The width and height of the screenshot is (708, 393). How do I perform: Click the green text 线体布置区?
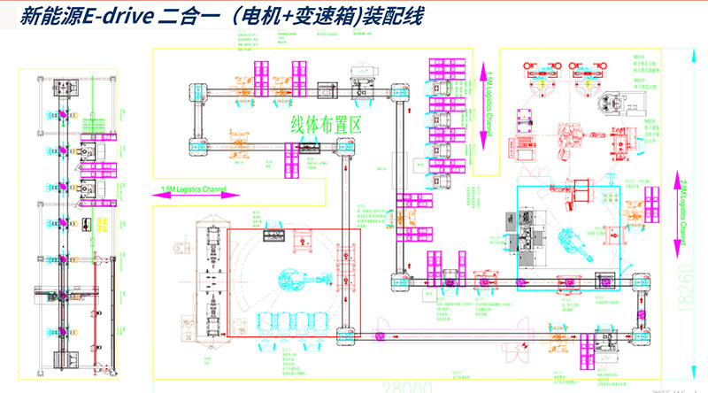326,125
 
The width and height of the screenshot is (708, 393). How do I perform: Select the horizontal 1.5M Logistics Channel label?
194,189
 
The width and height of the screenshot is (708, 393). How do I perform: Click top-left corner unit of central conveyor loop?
196,89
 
